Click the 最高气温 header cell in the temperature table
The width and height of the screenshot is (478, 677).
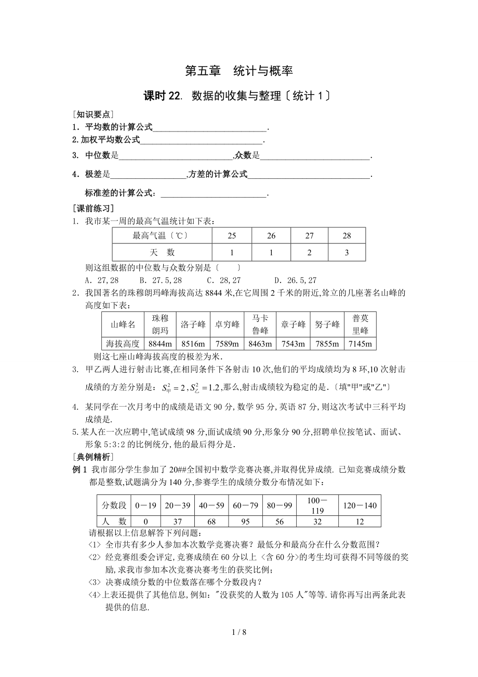[161, 236]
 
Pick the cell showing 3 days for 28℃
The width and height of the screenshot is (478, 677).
[347, 252]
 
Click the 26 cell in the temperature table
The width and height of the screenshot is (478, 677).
[271, 236]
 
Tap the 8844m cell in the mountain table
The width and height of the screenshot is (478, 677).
[160, 344]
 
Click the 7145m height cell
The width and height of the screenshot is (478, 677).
[360, 344]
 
